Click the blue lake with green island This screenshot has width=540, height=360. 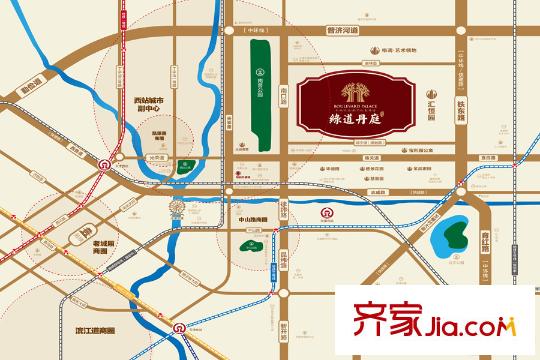[x=451, y=233]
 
